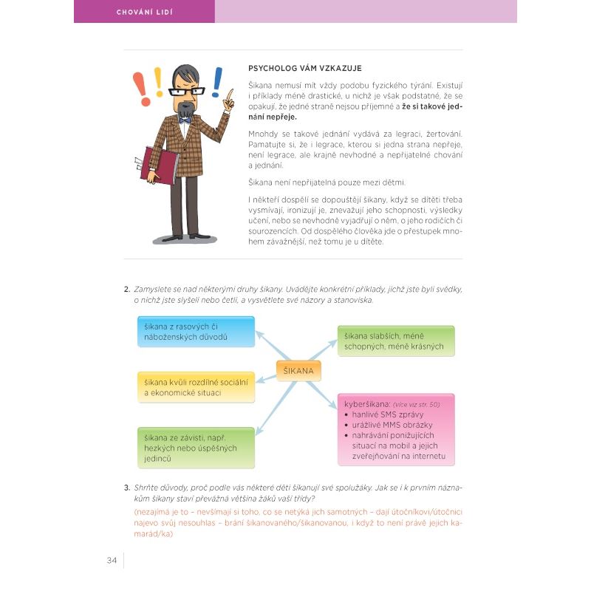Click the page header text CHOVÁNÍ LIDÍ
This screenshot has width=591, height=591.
click(144, 12)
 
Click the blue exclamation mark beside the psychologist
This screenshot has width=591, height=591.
click(217, 82)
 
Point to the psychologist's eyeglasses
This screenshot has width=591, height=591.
click(186, 91)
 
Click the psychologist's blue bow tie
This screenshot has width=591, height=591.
click(185, 118)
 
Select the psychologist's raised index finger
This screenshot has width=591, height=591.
click(230, 96)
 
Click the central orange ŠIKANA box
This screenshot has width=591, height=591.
click(298, 370)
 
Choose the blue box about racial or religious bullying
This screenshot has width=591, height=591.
click(196, 332)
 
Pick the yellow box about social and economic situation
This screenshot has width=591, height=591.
click(196, 387)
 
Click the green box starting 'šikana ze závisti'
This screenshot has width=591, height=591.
click(196, 448)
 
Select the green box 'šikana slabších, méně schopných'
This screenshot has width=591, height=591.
click(396, 341)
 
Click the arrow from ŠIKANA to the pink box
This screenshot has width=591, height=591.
click(322, 392)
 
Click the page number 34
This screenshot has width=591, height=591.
click(112, 560)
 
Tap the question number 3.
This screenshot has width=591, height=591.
click(127, 488)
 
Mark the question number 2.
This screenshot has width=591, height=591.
click(127, 289)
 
